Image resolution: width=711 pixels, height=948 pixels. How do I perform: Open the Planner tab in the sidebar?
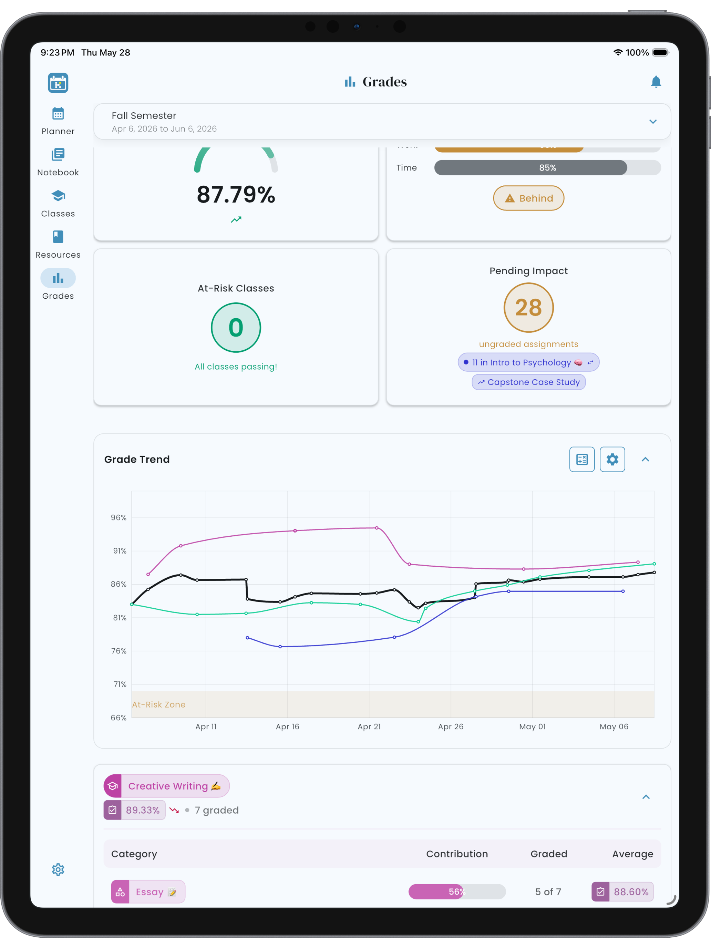(58, 121)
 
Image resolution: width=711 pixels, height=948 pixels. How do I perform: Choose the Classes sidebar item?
(58, 204)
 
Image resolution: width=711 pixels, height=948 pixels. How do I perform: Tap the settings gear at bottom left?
(58, 869)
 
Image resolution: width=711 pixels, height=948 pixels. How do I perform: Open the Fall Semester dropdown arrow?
(653, 122)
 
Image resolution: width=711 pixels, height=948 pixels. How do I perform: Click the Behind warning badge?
(528, 198)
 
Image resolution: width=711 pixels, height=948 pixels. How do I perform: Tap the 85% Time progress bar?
(547, 167)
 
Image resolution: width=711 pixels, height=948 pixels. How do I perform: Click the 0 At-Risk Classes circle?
(236, 328)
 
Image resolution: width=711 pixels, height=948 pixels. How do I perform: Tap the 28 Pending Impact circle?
(528, 307)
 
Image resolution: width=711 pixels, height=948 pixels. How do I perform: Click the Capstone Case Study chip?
(528, 382)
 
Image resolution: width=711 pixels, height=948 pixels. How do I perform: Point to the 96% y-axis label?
(119, 518)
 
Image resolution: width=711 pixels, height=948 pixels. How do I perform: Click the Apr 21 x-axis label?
(369, 727)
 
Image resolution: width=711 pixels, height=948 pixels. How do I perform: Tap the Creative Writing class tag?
(167, 786)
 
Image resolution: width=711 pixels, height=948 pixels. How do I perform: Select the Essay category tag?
(148, 892)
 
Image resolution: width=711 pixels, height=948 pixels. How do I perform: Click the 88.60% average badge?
(622, 892)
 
